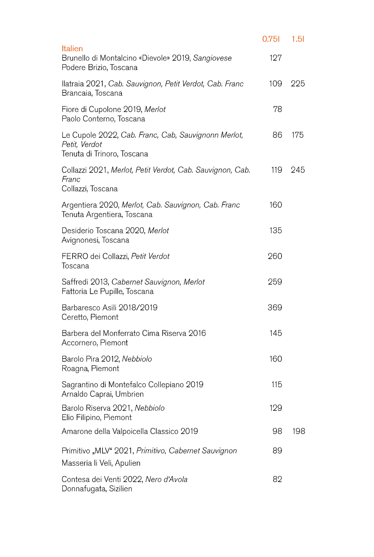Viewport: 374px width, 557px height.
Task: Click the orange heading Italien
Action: pyautogui.click(x=72, y=49)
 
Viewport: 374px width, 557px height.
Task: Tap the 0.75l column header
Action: pyautogui.click(x=271, y=39)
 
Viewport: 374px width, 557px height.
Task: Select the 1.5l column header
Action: pyautogui.click(x=298, y=39)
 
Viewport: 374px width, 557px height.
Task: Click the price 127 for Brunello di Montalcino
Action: pyautogui.click(x=275, y=58)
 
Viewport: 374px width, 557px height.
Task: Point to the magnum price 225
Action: pyautogui.click(x=298, y=84)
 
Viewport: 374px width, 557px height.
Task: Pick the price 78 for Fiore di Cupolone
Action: pyautogui.click(x=277, y=109)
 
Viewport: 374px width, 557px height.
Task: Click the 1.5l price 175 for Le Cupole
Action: pyautogui.click(x=298, y=135)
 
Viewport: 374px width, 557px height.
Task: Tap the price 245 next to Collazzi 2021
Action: pyautogui.click(x=298, y=170)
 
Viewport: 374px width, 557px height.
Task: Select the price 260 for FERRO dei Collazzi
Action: pyautogui.click(x=275, y=256)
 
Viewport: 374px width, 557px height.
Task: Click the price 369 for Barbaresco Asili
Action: pyautogui.click(x=275, y=308)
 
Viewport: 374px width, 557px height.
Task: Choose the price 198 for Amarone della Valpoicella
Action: pyautogui.click(x=299, y=431)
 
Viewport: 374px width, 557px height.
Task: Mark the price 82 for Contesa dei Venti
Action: pyautogui.click(x=277, y=479)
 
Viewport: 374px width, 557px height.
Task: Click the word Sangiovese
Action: pyautogui.click(x=212, y=58)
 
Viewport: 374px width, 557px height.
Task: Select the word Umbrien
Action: pyautogui.click(x=130, y=394)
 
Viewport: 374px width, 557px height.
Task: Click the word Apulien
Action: pyautogui.click(x=128, y=463)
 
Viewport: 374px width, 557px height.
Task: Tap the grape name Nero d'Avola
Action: pyautogui.click(x=166, y=479)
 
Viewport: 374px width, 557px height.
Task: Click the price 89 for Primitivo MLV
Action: pyautogui.click(x=277, y=451)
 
